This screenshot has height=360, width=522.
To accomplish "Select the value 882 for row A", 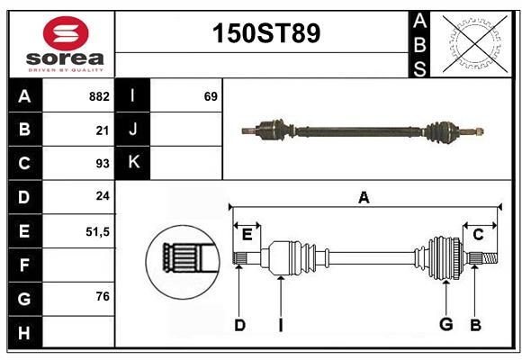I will (x=99, y=96).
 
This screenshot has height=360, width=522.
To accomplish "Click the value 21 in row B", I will (x=103, y=130).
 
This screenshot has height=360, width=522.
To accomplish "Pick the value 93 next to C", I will (x=102, y=164).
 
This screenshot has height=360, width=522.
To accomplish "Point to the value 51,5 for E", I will (x=97, y=231).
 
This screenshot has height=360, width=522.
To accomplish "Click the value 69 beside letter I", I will (x=210, y=96).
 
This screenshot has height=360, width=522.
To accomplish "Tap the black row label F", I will (x=24, y=265).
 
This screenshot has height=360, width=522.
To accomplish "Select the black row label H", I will (x=24, y=332).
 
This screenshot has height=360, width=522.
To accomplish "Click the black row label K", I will (x=133, y=163).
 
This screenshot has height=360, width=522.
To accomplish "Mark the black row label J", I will (x=133, y=130).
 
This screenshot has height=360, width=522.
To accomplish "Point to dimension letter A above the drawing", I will (x=364, y=197).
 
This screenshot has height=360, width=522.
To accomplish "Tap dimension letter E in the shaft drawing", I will (x=247, y=235).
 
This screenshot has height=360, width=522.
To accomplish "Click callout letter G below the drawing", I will (x=445, y=324).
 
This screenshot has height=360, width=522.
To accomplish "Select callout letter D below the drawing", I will (x=239, y=325).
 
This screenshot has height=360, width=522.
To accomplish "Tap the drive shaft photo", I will (x=363, y=130).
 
